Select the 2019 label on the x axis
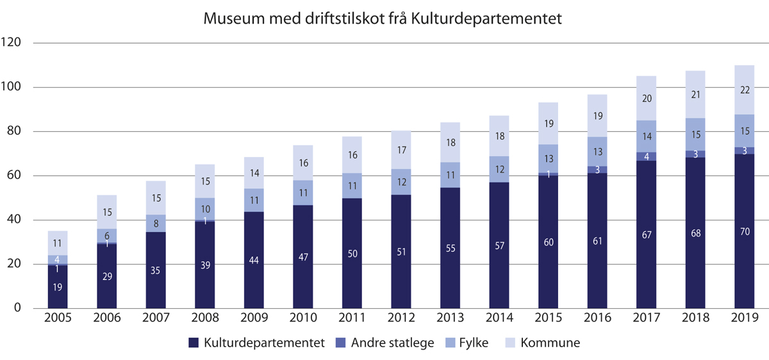pyautogui.click(x=744, y=318)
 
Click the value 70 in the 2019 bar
pyautogui.click(x=744, y=231)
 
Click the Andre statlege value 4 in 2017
pyautogui.click(x=646, y=156)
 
